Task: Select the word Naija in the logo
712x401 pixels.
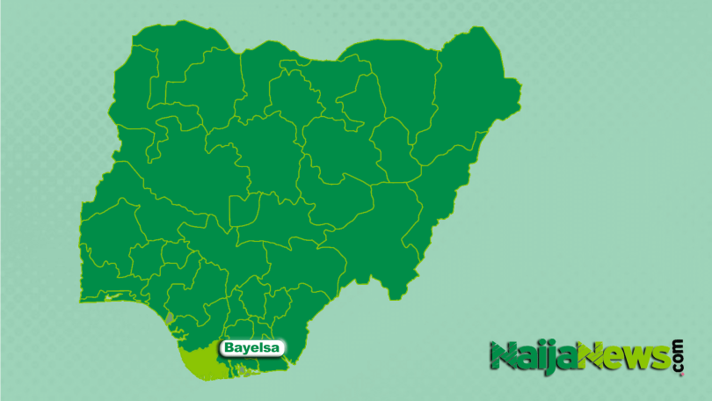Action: [x=533, y=357]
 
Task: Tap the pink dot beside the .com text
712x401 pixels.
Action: [x=679, y=374]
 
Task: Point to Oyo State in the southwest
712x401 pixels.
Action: [x=110, y=233]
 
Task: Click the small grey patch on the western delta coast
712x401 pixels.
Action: [x=169, y=316]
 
